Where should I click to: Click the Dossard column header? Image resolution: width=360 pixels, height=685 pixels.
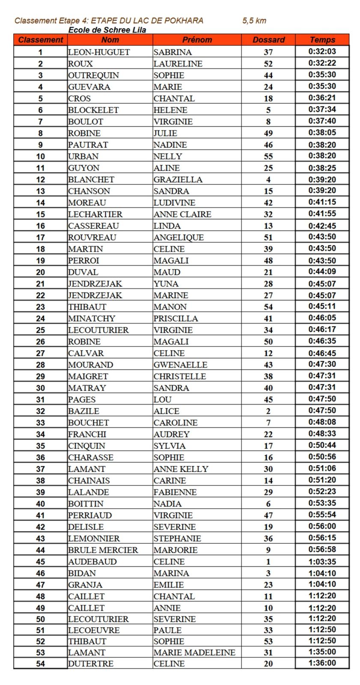[268, 40]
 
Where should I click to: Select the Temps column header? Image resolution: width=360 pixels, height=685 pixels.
[322, 40]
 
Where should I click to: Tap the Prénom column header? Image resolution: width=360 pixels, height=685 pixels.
[197, 40]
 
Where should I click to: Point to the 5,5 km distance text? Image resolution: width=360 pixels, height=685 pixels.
[254, 21]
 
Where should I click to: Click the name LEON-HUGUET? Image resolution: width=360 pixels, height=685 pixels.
[99, 52]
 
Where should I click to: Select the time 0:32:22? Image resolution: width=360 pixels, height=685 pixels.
[322, 63]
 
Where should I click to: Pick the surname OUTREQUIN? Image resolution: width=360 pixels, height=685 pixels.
[93, 75]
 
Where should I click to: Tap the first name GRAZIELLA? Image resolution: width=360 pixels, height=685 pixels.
[178, 179]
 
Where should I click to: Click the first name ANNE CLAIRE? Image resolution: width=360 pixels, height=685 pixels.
[182, 214]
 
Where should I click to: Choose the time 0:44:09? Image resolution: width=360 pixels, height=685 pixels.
[322, 271]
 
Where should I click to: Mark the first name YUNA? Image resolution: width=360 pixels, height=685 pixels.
[166, 283]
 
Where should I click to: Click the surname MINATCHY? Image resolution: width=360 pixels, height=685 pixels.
[92, 318]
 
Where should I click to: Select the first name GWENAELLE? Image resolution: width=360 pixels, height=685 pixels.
[180, 364]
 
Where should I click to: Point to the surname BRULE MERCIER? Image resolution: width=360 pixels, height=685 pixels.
[103, 550]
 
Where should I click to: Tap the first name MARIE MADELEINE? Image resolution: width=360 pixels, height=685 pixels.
[194, 652]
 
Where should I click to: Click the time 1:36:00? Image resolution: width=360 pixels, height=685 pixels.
[322, 663]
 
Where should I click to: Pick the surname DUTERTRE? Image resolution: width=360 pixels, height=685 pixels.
[91, 664]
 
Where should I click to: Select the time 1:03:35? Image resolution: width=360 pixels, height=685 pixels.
[322, 561]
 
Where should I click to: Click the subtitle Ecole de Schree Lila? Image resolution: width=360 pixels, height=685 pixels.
[107, 30]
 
